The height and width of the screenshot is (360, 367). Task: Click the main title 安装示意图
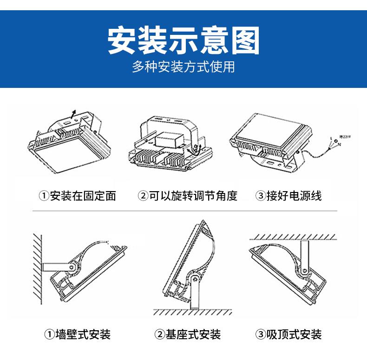183,40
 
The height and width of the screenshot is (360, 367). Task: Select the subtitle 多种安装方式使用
183,67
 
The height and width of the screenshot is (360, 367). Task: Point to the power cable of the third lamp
316,152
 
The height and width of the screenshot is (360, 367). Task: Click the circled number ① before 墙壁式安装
49,334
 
